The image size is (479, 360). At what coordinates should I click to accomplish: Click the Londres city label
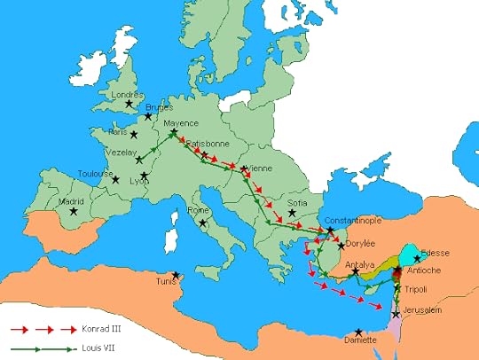(126, 95)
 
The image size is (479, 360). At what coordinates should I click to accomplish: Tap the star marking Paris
(134, 136)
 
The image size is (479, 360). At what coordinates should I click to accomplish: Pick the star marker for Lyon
(144, 176)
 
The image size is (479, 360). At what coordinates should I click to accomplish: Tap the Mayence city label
(182, 123)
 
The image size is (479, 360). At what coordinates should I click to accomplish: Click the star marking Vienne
(244, 168)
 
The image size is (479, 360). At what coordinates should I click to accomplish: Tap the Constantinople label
(354, 220)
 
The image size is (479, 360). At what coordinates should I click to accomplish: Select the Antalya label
(359, 264)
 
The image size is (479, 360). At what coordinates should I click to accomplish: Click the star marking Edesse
(417, 259)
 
